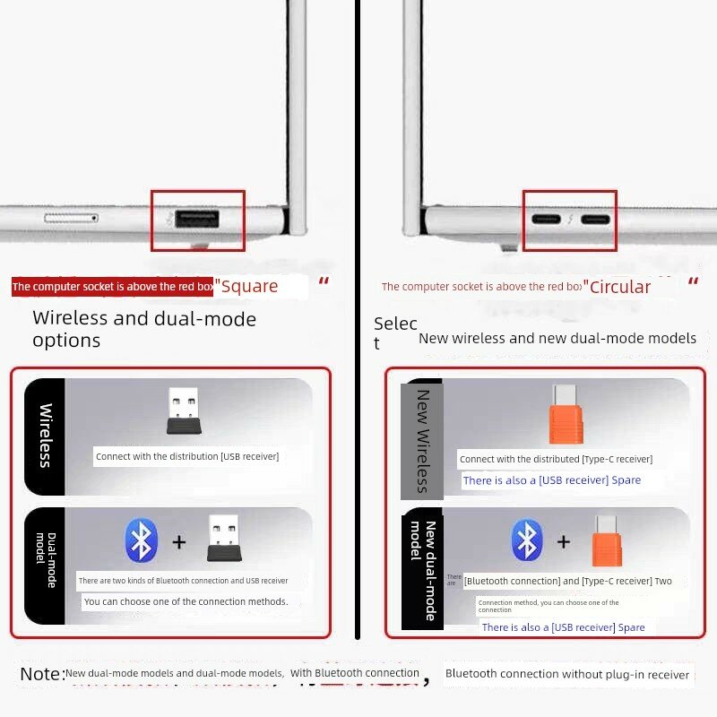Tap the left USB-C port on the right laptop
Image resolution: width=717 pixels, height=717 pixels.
546,220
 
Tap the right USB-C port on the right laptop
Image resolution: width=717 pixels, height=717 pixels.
595,220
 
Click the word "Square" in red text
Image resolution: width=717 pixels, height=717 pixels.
249,287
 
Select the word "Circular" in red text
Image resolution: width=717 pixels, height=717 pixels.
617,287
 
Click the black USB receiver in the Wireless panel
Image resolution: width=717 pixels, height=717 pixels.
184,411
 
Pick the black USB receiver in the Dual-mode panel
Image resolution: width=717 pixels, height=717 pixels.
224,540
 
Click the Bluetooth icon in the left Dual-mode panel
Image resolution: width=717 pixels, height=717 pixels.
142,540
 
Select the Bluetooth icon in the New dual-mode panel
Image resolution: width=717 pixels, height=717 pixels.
527,540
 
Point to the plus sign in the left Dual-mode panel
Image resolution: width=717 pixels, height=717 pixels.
179,542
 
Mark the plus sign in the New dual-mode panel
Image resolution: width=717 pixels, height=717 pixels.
564,541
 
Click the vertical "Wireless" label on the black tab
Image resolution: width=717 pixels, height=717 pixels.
45,436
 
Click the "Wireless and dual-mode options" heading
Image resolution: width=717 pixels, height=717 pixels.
144,329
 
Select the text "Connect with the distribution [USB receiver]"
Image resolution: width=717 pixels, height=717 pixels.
187,456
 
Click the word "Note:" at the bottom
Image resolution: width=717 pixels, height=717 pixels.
43,673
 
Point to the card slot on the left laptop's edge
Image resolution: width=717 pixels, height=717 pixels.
71,218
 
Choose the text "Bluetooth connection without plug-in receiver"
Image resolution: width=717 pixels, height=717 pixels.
567,674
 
